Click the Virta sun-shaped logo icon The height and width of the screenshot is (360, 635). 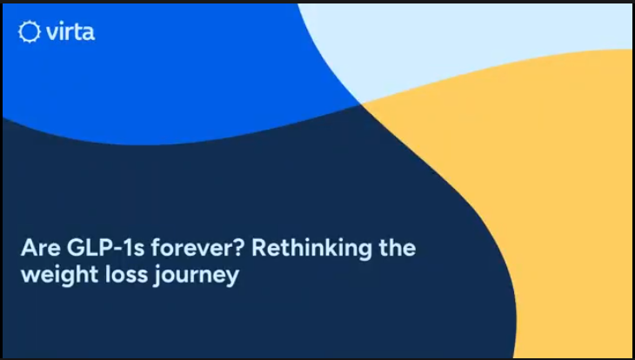pyautogui.click(x=30, y=31)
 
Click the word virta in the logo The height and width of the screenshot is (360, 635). pyautogui.click(x=70, y=31)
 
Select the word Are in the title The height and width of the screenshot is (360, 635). pyautogui.click(x=41, y=248)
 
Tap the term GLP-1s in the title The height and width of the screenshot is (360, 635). pyautogui.click(x=105, y=248)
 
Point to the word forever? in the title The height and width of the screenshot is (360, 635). pyautogui.click(x=198, y=248)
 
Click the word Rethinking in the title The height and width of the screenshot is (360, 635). pyautogui.click(x=311, y=249)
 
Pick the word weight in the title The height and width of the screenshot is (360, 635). pyautogui.click(x=59, y=276)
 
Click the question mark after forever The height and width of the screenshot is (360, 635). pyautogui.click(x=239, y=248)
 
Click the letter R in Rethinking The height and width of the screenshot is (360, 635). pyautogui.click(x=259, y=248)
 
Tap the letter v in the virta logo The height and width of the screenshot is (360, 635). pyautogui.click(x=52, y=33)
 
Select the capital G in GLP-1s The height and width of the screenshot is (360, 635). pyautogui.click(x=76, y=248)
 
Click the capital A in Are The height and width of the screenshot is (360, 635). pyautogui.click(x=29, y=248)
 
